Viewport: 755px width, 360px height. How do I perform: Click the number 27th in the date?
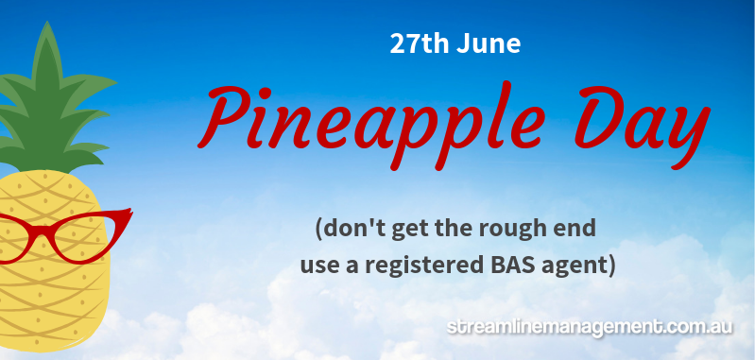point(420,43)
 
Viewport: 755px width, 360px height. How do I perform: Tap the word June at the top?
point(489,43)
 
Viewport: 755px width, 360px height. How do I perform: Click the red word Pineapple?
point(371,124)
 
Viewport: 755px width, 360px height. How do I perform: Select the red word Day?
point(642,126)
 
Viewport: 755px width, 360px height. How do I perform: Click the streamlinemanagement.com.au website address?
point(590,328)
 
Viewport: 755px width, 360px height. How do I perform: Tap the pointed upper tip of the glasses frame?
point(131,210)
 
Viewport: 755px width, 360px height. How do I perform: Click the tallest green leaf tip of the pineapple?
point(46,22)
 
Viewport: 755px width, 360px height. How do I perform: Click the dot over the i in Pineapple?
point(267,91)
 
